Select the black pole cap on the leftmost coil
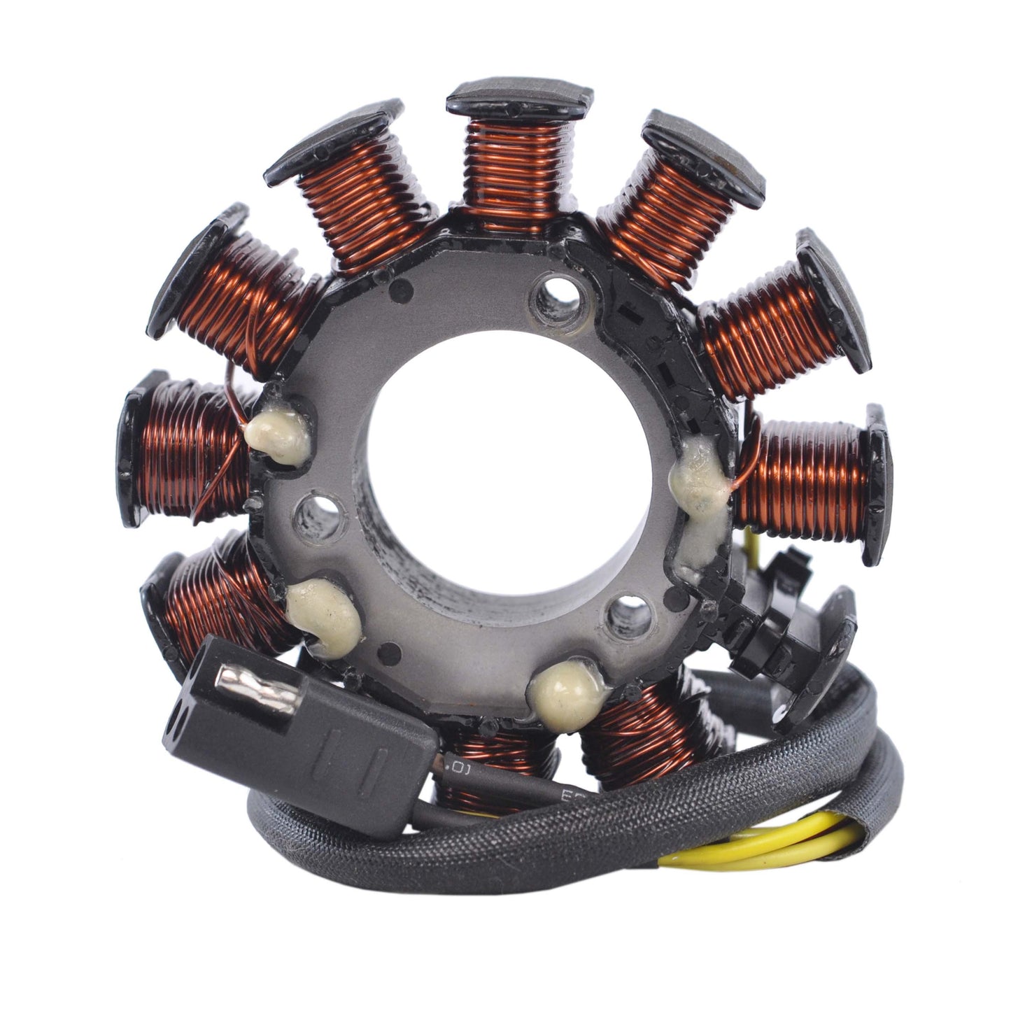[133, 448]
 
